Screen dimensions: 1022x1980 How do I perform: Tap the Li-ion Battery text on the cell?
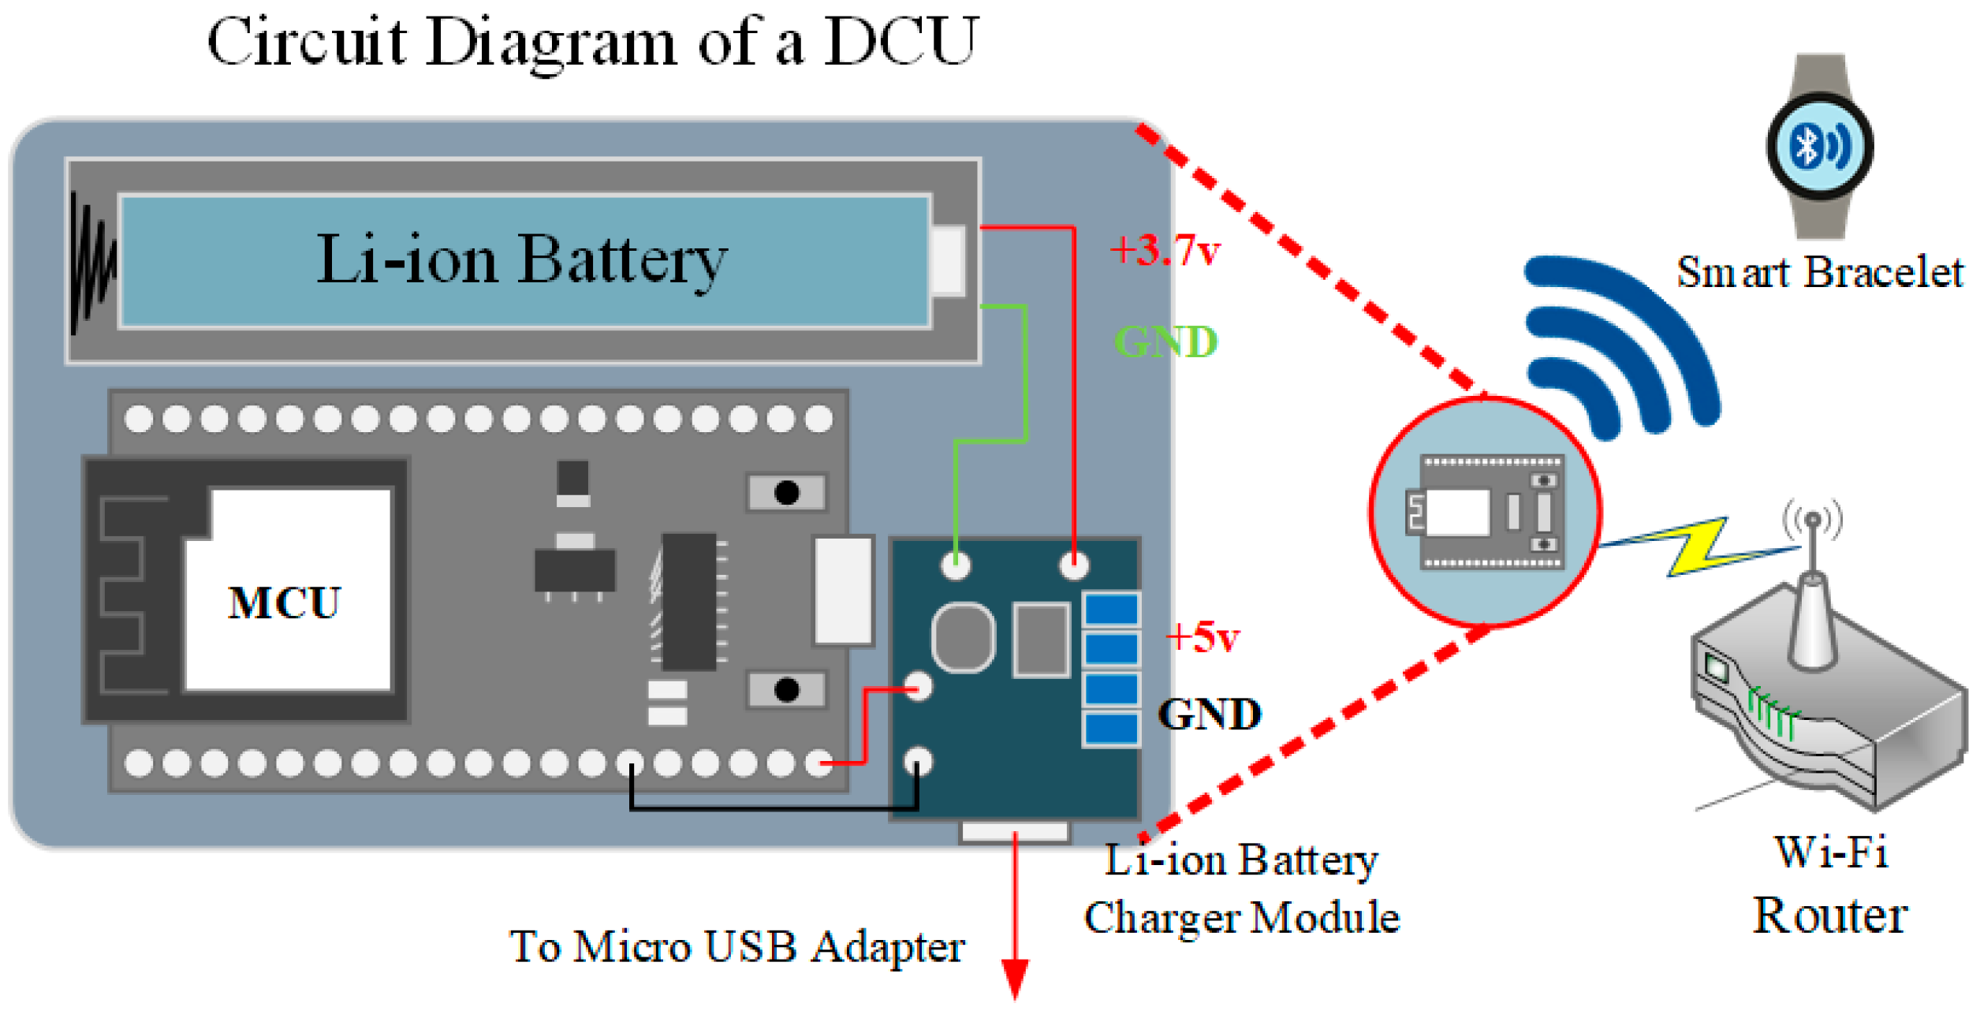click(x=522, y=259)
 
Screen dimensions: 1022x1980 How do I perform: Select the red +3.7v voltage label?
click(x=1165, y=251)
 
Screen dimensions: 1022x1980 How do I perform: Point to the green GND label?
click(x=1165, y=342)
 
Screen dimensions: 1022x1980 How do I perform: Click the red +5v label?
click(x=1202, y=637)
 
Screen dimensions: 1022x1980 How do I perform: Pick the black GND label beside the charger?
click(x=1209, y=714)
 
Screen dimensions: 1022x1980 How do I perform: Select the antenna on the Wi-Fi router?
click(x=1811, y=599)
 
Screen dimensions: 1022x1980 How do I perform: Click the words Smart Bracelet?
click(x=1818, y=273)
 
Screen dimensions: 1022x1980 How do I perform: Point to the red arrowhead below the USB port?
click(x=1015, y=978)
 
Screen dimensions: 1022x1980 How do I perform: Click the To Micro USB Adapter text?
click(x=736, y=946)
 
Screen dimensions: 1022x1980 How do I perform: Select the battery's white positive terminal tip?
click(x=949, y=261)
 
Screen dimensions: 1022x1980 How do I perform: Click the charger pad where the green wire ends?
click(x=956, y=565)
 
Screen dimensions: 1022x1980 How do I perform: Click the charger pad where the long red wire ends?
click(x=1073, y=565)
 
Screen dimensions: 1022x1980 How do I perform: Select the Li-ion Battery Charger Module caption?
click(x=1241, y=889)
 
